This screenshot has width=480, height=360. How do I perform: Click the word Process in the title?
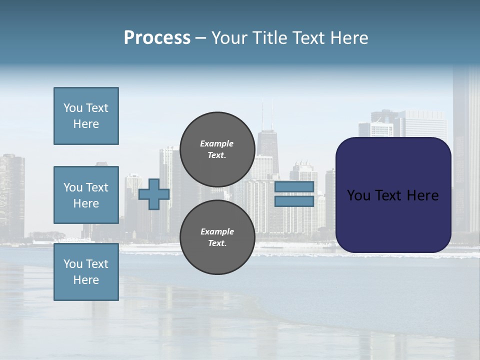tap(157, 38)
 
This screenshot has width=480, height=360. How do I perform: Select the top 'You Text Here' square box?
tap(86, 116)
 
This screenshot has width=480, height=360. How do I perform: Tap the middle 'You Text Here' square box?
tap(86, 195)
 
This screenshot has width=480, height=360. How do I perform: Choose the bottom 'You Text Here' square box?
tap(86, 271)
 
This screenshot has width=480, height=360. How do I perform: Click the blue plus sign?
tap(153, 194)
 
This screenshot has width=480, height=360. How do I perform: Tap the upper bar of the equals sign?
tap(294, 187)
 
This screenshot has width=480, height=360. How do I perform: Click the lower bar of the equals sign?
tap(294, 201)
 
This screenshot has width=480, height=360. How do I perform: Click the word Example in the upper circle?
tap(217, 143)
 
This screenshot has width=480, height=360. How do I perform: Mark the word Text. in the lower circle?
tap(217, 243)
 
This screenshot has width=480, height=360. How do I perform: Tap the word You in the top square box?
tap(72, 108)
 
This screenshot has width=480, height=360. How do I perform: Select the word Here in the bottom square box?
tap(86, 280)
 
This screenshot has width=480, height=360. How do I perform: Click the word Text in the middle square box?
tap(96, 187)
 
